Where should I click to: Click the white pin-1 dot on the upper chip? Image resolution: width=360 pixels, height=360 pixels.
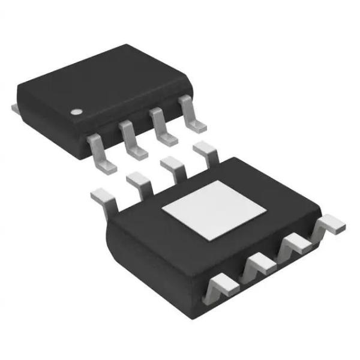point(77,112)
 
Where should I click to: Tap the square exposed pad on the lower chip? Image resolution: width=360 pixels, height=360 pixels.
point(214,211)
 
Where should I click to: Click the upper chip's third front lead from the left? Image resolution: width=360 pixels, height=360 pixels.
point(164,129)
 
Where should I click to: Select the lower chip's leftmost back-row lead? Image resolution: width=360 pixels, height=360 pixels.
point(103,197)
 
